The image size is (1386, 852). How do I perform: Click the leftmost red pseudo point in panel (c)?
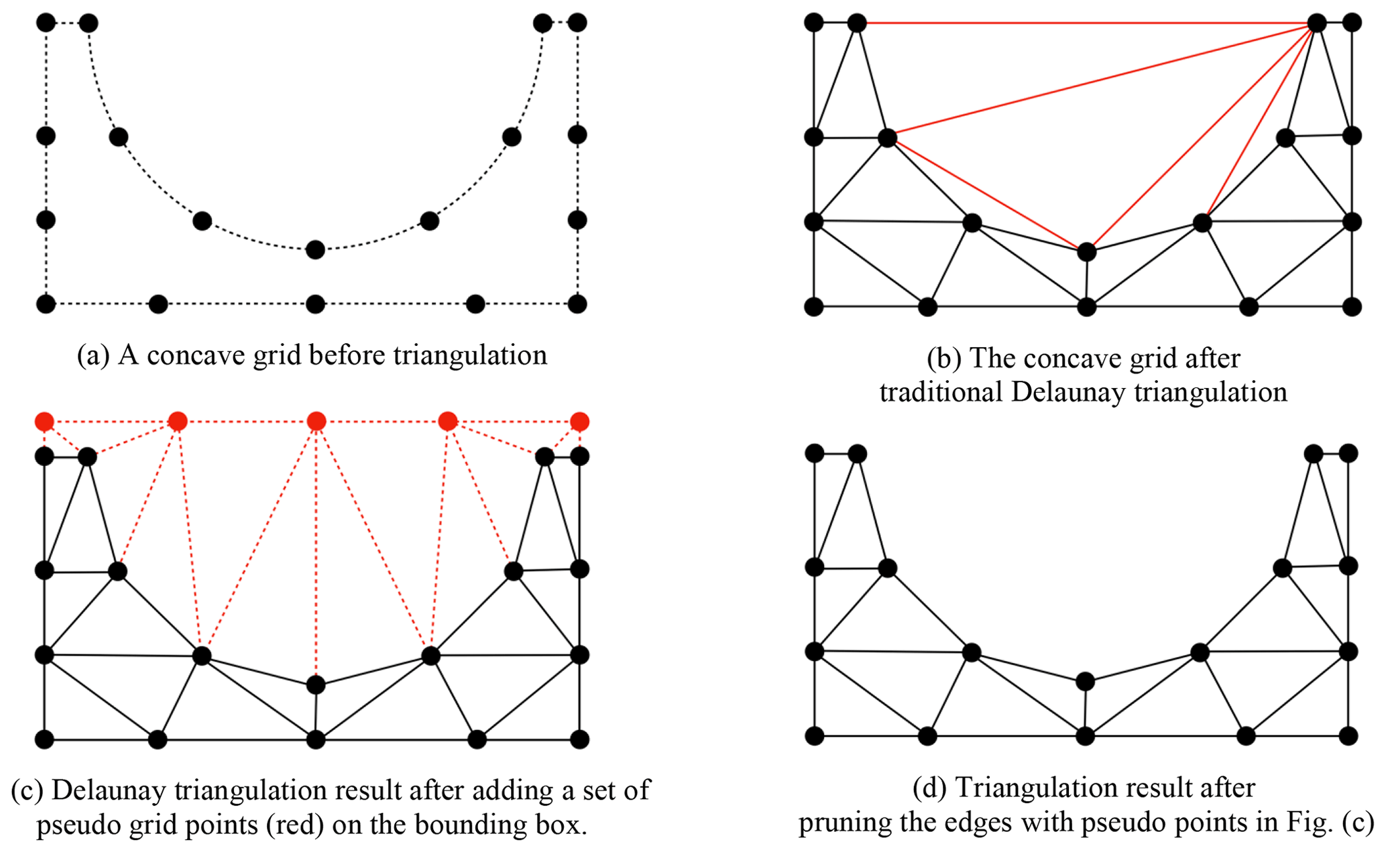(44, 422)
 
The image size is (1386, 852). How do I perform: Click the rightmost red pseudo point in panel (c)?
(580, 422)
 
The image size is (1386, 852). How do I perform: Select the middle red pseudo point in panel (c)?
(316, 421)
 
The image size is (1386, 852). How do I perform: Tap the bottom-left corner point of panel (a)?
(46, 304)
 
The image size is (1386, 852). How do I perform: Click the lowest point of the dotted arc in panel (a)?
(315, 250)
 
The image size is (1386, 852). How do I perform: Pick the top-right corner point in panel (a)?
(577, 23)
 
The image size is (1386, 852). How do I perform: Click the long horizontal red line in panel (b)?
(1086, 23)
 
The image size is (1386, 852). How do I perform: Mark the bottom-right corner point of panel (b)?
(1352, 307)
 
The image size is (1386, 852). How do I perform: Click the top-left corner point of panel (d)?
(815, 453)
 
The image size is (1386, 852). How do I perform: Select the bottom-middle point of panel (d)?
(1085, 736)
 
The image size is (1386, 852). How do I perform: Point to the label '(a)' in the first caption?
(93, 355)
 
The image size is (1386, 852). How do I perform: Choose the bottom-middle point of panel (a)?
(315, 304)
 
